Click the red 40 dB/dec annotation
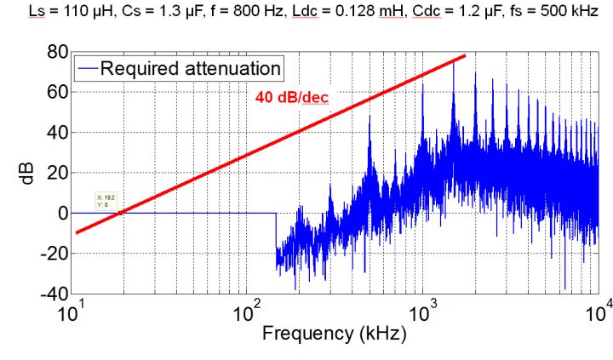(x=292, y=98)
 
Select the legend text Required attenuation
(x=191, y=68)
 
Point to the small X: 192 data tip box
(x=106, y=202)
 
